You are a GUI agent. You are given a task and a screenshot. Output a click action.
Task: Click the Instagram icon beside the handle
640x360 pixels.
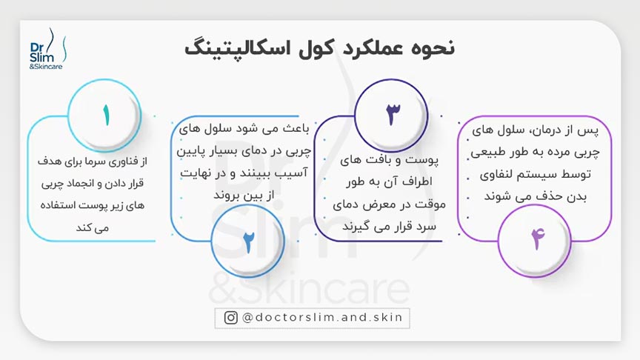click(x=230, y=317)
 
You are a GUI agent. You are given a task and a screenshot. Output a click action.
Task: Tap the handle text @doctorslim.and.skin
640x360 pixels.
click(x=323, y=317)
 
